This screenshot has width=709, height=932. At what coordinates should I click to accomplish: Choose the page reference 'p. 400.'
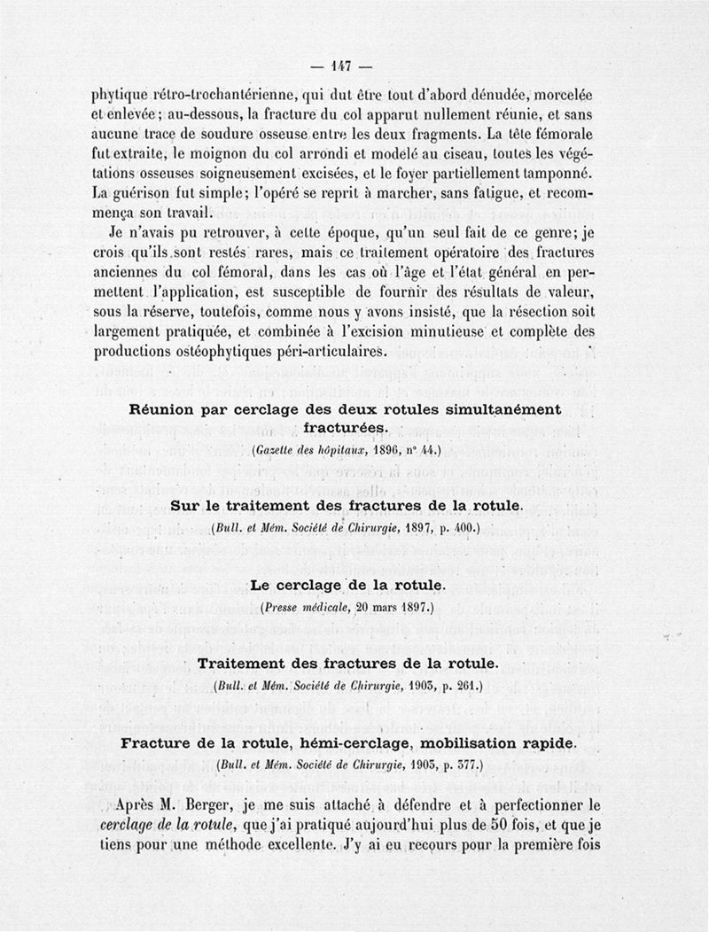click(461, 529)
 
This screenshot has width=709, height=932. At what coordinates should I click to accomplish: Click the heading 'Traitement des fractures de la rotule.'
click(352, 664)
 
